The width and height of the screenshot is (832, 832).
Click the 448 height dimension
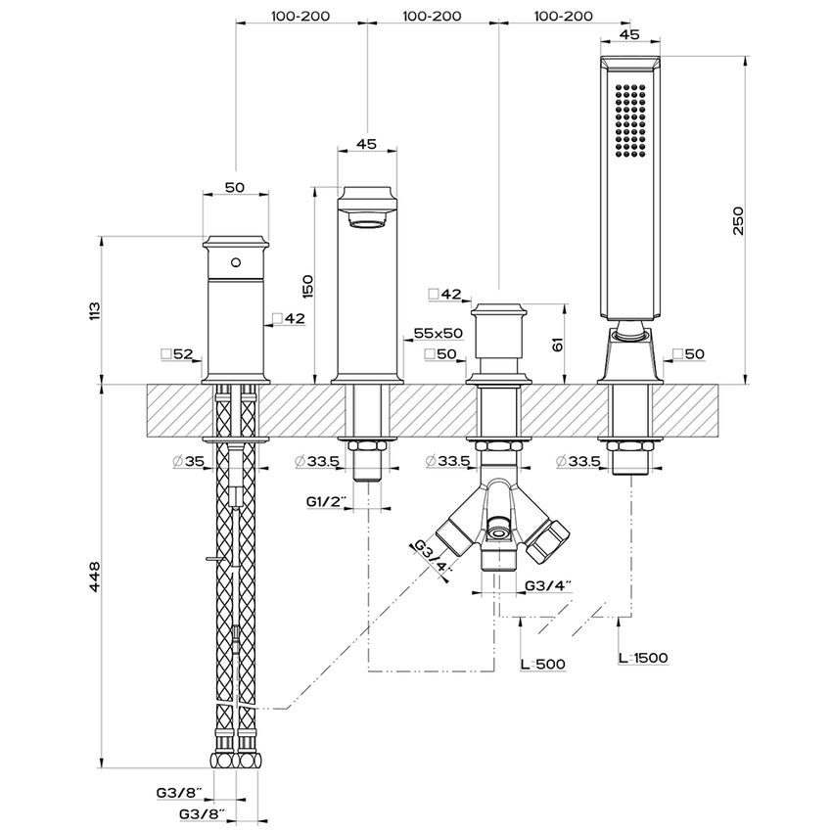coord(93,577)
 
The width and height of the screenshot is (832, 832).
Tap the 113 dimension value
coord(93,310)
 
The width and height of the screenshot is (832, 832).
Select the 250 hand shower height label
coord(739,221)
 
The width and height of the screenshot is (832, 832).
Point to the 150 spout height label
coord(307,286)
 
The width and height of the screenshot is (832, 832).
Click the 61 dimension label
coord(557,345)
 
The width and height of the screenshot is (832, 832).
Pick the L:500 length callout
coord(542,664)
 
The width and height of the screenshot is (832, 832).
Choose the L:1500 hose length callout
coord(643,658)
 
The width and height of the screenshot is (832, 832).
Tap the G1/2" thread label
coord(327,501)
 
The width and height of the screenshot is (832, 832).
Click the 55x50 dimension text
coord(439,333)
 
